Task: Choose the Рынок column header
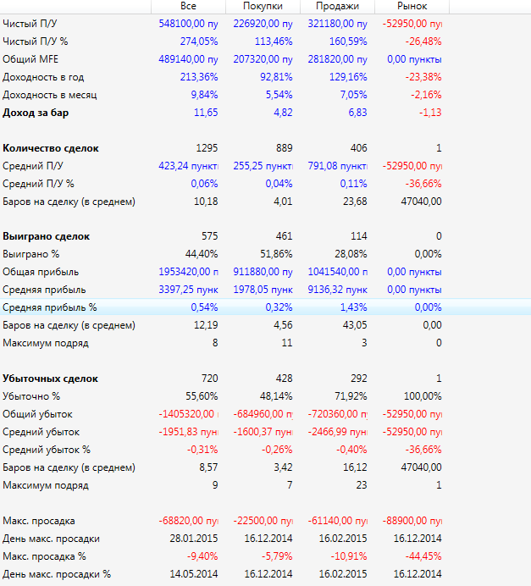click(x=412, y=6)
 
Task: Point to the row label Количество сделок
click(x=51, y=148)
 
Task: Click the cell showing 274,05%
click(x=199, y=41)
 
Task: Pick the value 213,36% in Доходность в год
click(x=199, y=76)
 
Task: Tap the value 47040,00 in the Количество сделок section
click(x=420, y=202)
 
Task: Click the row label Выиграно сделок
click(x=47, y=236)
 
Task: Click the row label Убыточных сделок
click(x=51, y=379)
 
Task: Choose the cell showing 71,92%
click(x=348, y=396)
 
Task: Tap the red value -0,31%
click(x=201, y=450)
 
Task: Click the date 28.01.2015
click(x=194, y=539)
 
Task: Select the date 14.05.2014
click(x=194, y=574)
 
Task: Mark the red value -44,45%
click(x=422, y=556)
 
